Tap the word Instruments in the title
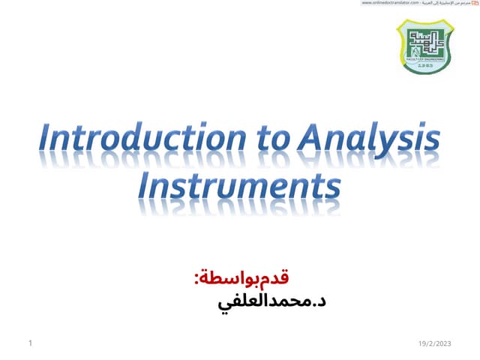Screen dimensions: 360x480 [x=239, y=184]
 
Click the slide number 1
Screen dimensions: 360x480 [x=29, y=343]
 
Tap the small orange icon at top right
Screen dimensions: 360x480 [x=475, y=4]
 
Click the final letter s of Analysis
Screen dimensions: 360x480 [x=431, y=142]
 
